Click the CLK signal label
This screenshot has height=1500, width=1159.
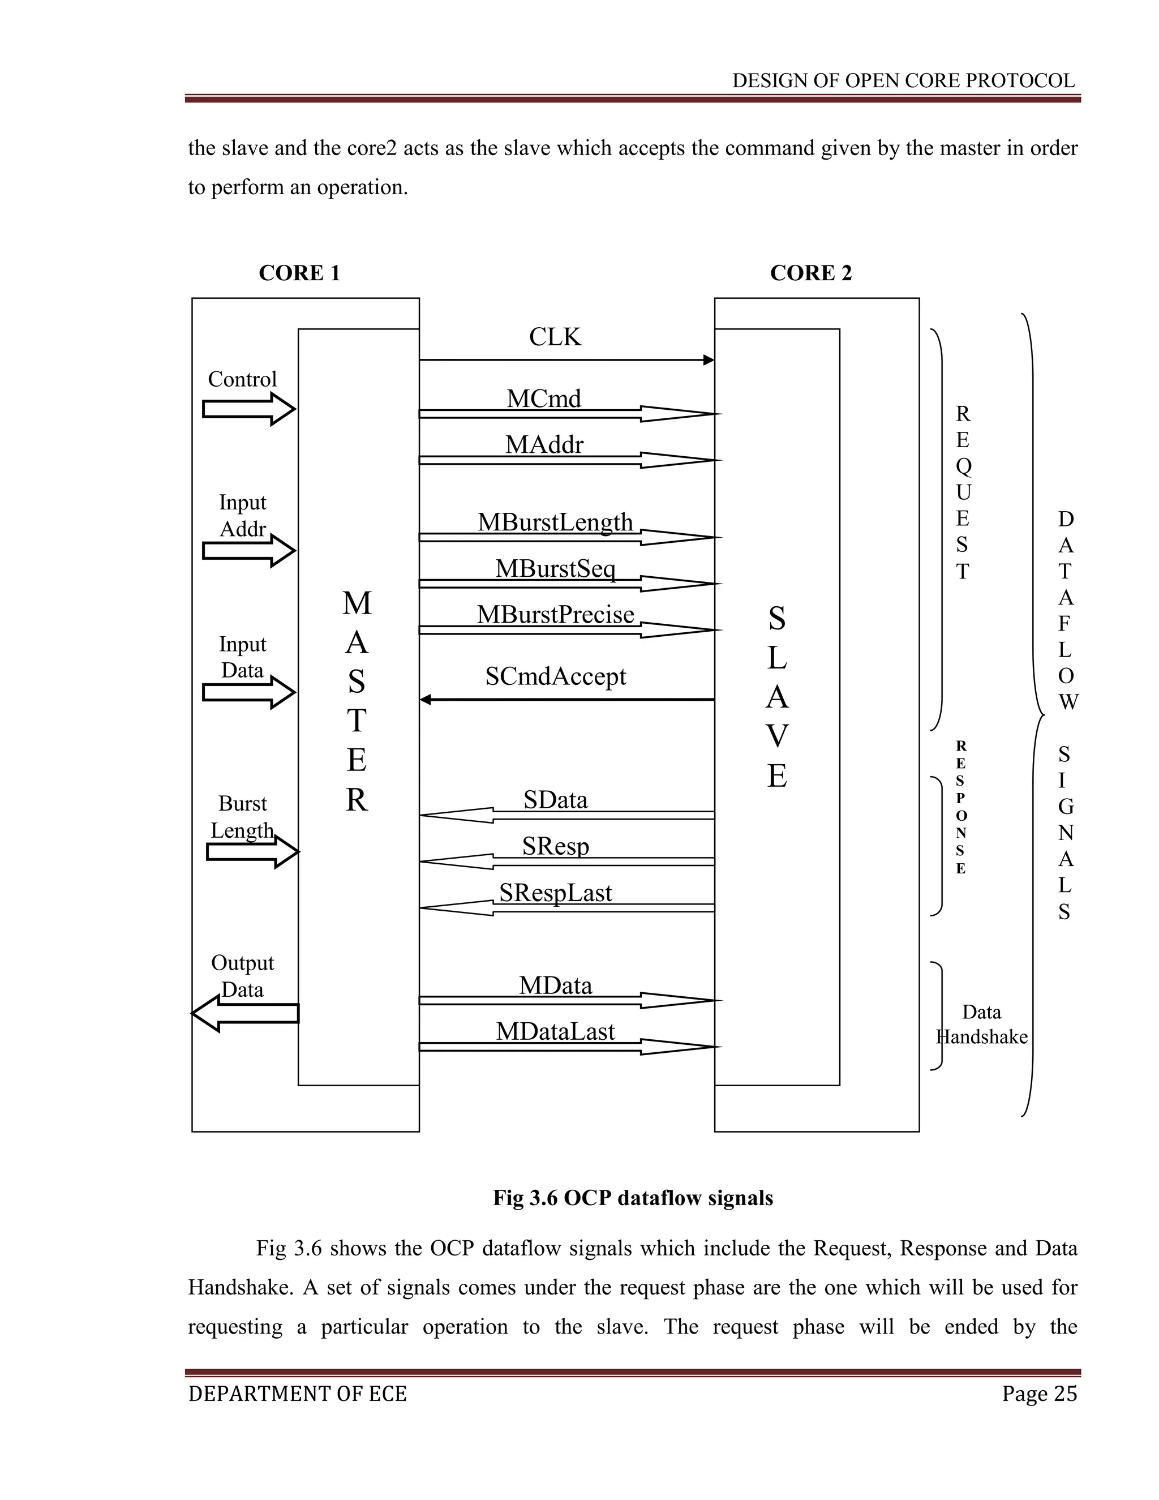pos(555,337)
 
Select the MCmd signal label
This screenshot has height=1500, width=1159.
pos(544,398)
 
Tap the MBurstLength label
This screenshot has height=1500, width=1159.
pos(555,522)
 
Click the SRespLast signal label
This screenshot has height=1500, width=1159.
pos(555,893)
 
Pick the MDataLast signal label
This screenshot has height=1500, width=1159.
pos(555,1031)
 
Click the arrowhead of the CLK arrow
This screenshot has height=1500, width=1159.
pos(709,360)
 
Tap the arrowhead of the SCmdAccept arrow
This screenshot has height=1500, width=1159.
pos(426,700)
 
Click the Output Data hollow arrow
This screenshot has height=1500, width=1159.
pos(244,1014)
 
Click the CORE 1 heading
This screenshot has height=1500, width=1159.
pos(299,273)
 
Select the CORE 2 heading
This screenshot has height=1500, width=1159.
pos(811,273)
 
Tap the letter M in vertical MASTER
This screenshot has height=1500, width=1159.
pos(357,604)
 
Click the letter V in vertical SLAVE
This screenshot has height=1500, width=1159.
pos(776,737)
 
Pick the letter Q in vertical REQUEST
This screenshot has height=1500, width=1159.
pos(963,466)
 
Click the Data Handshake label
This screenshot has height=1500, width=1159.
pos(982,1024)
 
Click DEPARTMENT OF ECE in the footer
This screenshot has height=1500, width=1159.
pos(297,1394)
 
